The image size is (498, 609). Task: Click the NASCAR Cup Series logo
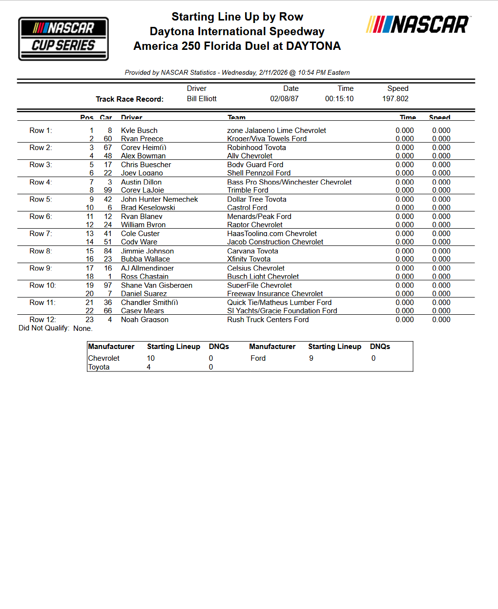click(63, 39)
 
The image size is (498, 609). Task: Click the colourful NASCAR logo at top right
click(418, 24)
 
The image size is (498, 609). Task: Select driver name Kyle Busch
click(139, 130)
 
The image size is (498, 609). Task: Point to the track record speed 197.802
click(395, 99)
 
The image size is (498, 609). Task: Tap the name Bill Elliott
click(202, 99)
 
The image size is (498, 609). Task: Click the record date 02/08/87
click(284, 99)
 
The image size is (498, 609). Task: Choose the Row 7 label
click(41, 234)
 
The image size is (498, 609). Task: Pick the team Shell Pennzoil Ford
click(259, 173)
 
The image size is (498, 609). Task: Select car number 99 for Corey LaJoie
click(108, 190)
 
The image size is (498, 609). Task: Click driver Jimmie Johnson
click(147, 251)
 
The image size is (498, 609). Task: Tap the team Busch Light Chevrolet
click(263, 277)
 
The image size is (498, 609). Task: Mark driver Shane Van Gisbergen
click(157, 285)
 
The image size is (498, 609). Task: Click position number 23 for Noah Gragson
click(90, 320)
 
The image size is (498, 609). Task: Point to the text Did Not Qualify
click(43, 328)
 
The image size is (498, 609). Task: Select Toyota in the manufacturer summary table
click(99, 367)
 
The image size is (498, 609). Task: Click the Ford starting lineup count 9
click(311, 358)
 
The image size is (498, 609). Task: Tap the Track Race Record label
click(129, 99)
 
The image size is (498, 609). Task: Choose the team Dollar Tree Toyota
click(257, 199)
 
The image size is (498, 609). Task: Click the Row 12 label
click(42, 320)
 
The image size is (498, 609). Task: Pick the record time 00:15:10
click(339, 99)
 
